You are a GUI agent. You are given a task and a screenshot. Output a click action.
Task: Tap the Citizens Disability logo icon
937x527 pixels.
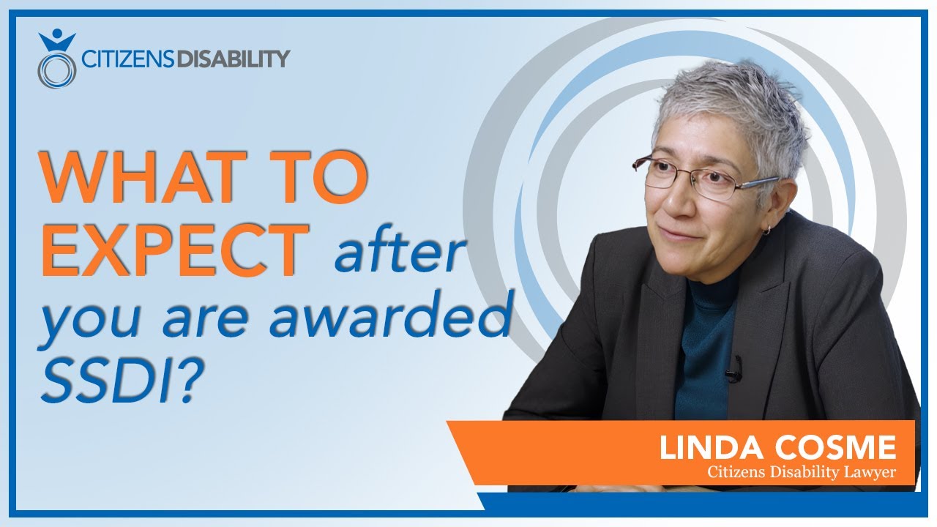coord(56,59)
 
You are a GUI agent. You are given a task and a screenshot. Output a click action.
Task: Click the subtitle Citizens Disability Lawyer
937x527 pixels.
coord(801,473)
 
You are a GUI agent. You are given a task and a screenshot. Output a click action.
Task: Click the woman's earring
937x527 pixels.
coord(766,230)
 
